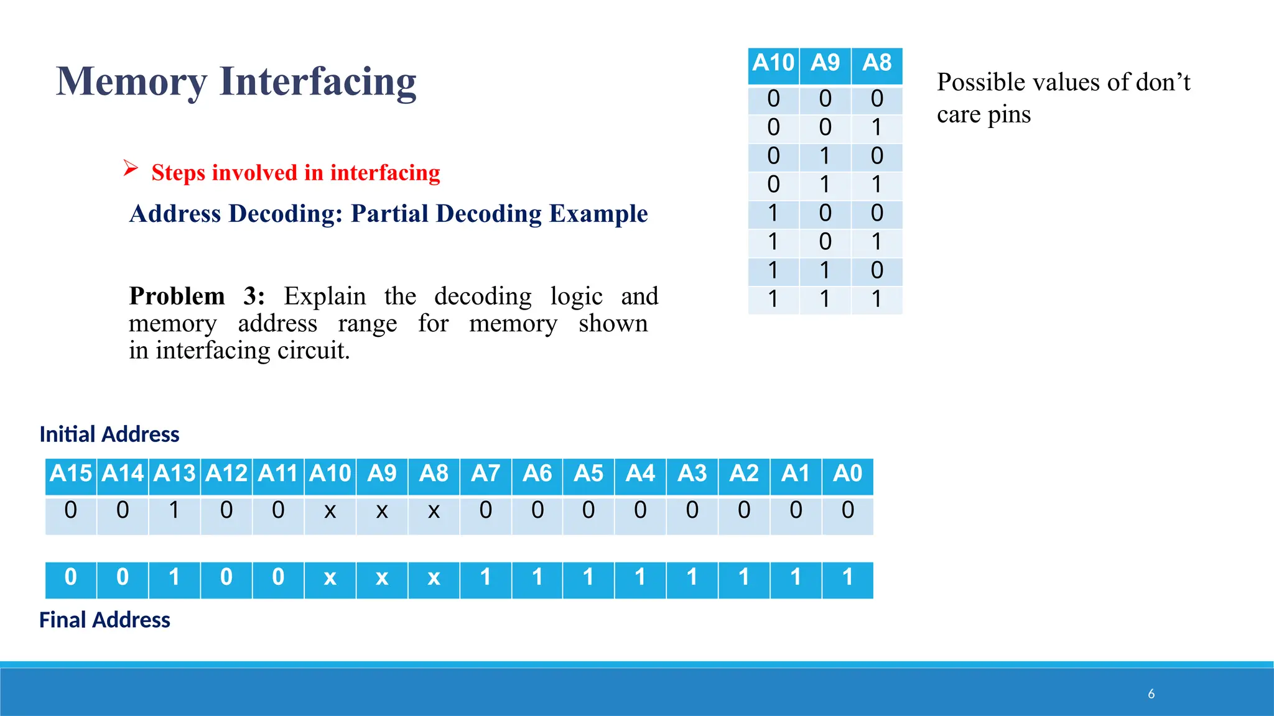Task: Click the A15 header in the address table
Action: click(x=71, y=474)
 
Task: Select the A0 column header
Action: click(x=847, y=474)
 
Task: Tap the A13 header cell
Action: click(x=175, y=474)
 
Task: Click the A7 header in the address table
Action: click(x=485, y=474)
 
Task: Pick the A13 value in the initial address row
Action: click(x=175, y=510)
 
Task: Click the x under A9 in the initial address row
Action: click(x=382, y=511)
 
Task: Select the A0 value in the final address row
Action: click(x=847, y=577)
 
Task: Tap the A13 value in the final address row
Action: click(x=175, y=577)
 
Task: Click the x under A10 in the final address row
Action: click(x=330, y=578)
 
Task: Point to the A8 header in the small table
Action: click(x=876, y=63)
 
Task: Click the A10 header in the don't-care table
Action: click(x=773, y=63)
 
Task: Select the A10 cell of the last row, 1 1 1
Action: click(x=773, y=300)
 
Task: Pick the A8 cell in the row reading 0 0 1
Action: click(x=876, y=127)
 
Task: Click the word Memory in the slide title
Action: click(x=131, y=81)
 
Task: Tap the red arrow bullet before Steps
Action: click(x=130, y=168)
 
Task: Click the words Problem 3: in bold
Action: click(x=197, y=296)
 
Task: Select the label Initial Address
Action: click(x=109, y=434)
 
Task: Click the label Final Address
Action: click(x=105, y=620)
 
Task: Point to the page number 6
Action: click(x=1151, y=694)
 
